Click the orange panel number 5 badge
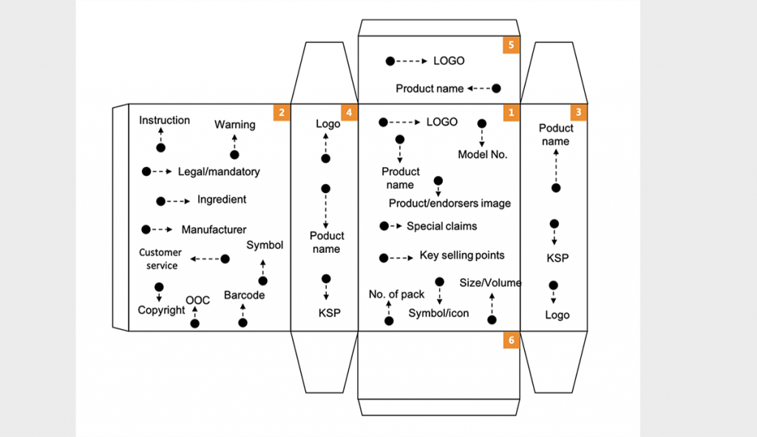[x=512, y=45]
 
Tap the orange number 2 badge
[x=282, y=112]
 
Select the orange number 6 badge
[x=512, y=340]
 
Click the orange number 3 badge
[x=579, y=112]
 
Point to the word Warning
[x=235, y=124]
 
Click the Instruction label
[x=165, y=121]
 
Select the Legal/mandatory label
[x=219, y=172]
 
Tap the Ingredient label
[x=222, y=200]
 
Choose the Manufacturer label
[x=214, y=230]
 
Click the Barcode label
[x=244, y=295]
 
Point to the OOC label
[x=197, y=300]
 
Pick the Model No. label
[x=483, y=155]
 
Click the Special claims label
[x=442, y=226]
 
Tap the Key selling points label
[x=462, y=255]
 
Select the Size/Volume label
[x=491, y=283]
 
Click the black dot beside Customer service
[x=225, y=260]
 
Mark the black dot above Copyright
[x=159, y=288]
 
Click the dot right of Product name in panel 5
[x=496, y=89]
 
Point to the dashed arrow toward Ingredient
[x=178, y=201]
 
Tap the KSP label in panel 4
[x=330, y=313]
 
